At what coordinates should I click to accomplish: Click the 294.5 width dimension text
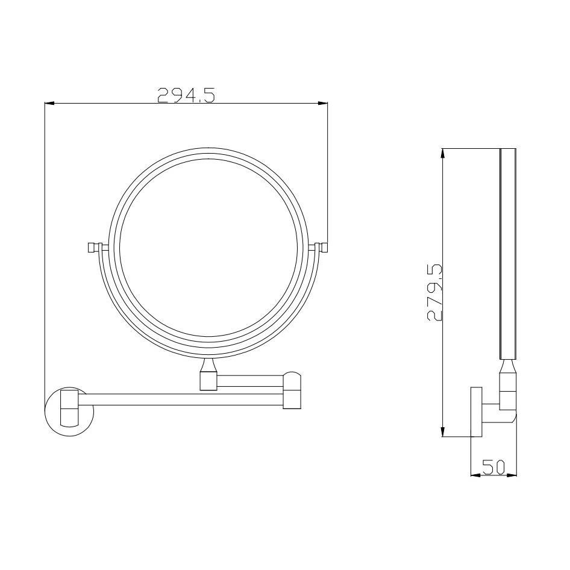tap(186, 95)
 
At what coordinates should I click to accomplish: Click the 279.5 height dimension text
tap(434, 293)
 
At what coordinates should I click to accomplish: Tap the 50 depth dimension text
tap(493, 467)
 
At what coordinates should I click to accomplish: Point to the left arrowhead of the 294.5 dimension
tap(49, 104)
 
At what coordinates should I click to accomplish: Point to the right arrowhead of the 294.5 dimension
tap(323, 104)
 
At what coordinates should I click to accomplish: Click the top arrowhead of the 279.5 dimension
tap(443, 154)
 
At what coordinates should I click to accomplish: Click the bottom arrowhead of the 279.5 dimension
tap(443, 431)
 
